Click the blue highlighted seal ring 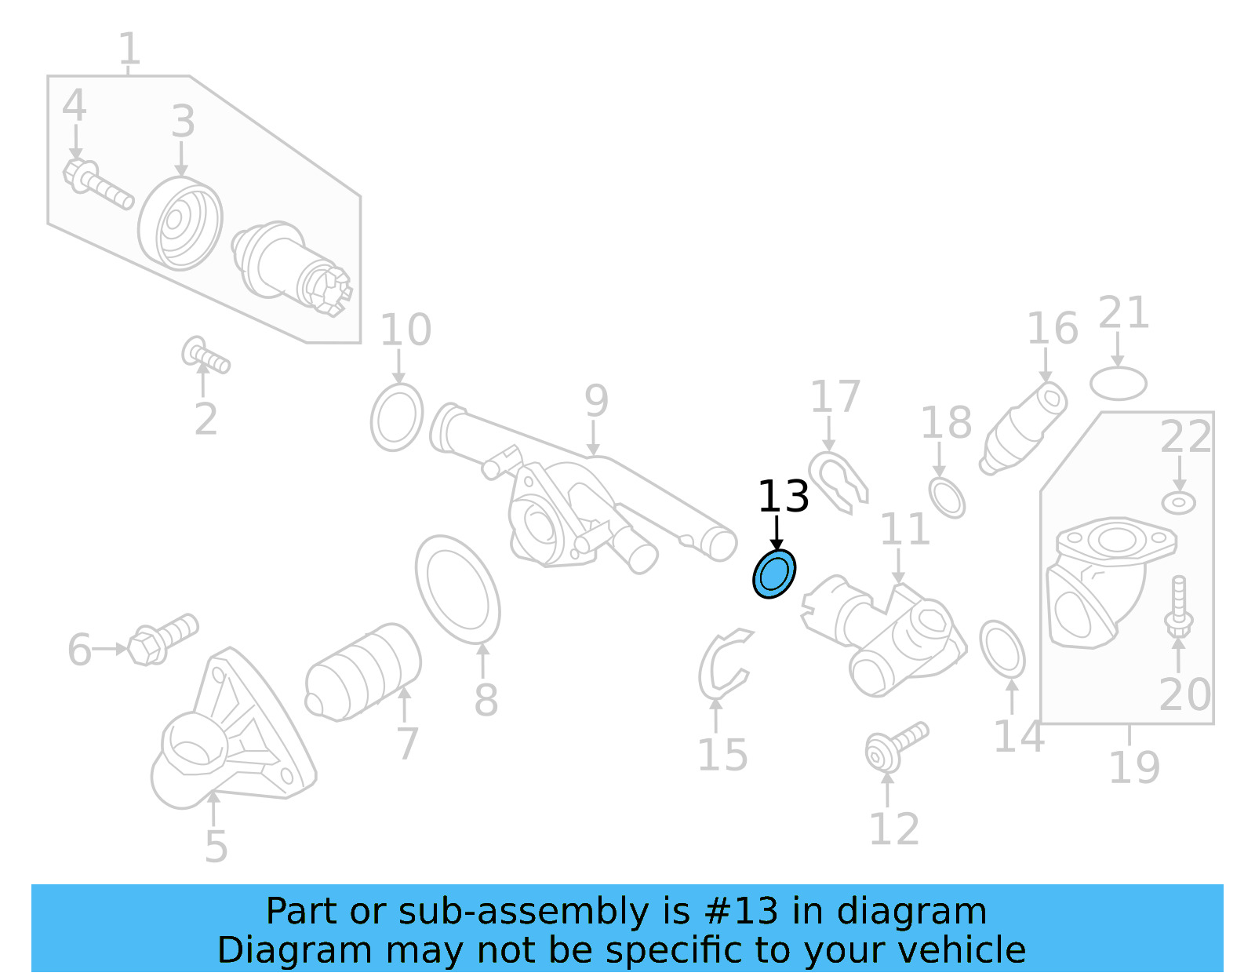pyautogui.click(x=774, y=574)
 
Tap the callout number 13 pyautogui.click(x=783, y=497)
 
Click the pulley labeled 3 pyautogui.click(x=180, y=224)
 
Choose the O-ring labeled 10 pyautogui.click(x=397, y=417)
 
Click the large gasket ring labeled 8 pyautogui.click(x=458, y=590)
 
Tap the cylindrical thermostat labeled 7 pyautogui.click(x=362, y=672)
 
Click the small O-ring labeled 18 pyautogui.click(x=947, y=497)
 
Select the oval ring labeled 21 pyautogui.click(x=1119, y=384)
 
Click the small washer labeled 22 pyautogui.click(x=1178, y=502)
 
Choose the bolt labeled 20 pyautogui.click(x=1178, y=608)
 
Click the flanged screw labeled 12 pyautogui.click(x=894, y=745)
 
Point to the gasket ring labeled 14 pyautogui.click(x=1002, y=649)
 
